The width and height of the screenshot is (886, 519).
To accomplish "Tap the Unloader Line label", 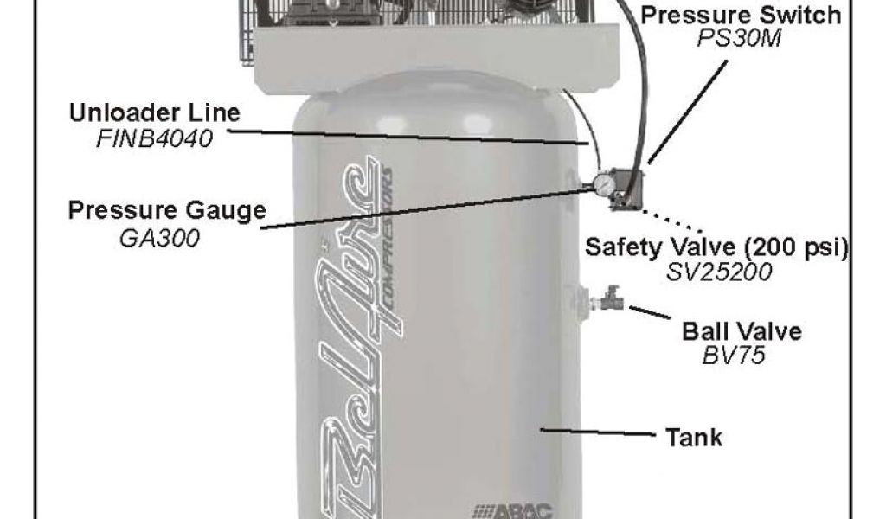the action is click(x=157, y=113).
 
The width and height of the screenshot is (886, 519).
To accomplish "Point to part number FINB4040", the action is click(x=155, y=138).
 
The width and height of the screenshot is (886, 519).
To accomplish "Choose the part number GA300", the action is click(x=159, y=237).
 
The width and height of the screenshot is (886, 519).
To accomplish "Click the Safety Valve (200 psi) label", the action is click(x=716, y=245).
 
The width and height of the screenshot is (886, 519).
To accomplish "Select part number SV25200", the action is click(x=719, y=271).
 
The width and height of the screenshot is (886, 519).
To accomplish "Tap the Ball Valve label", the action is click(x=742, y=331).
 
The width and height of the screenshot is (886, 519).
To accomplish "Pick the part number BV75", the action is click(x=735, y=356).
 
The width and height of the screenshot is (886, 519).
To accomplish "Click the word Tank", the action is click(x=693, y=437).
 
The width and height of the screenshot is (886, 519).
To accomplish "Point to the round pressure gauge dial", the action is click(x=600, y=183).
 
